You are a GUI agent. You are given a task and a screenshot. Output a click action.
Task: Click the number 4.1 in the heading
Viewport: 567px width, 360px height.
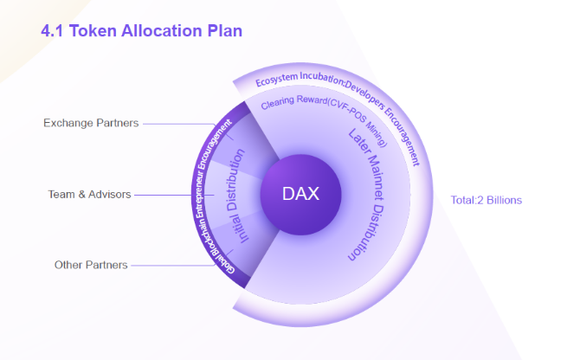pyautogui.click(x=52, y=31)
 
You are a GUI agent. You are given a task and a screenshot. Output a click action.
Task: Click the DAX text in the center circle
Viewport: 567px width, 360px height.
pyautogui.click(x=300, y=194)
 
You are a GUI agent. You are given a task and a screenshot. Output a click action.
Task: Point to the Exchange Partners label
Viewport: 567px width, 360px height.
pyautogui.click(x=91, y=123)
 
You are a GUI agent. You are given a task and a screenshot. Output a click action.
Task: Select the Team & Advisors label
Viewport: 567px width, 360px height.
pyautogui.click(x=90, y=195)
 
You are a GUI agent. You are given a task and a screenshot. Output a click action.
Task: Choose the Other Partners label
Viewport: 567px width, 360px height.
pyautogui.click(x=91, y=265)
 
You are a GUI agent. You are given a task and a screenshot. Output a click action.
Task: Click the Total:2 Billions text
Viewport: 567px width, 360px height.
pyautogui.click(x=486, y=200)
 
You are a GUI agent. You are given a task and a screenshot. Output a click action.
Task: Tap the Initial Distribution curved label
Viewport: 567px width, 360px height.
pyautogui.click(x=237, y=196)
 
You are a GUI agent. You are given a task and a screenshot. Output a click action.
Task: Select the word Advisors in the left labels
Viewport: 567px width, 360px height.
pyautogui.click(x=110, y=195)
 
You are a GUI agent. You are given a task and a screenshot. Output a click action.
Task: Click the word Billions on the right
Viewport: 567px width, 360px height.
pyautogui.click(x=504, y=200)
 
